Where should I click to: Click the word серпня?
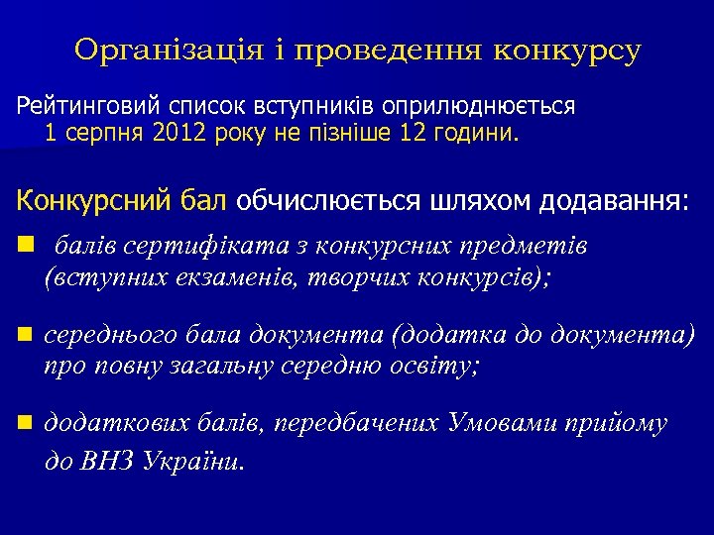tap(106, 134)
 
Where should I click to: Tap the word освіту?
tap(433, 368)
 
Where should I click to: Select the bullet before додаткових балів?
tap(23, 424)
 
